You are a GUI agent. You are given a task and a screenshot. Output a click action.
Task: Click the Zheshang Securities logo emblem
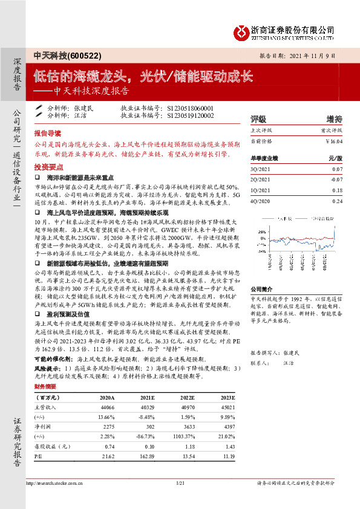click(x=243, y=30)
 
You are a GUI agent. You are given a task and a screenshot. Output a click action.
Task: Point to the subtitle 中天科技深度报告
click(x=91, y=92)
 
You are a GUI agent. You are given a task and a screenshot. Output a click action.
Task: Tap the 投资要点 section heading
click(x=48, y=166)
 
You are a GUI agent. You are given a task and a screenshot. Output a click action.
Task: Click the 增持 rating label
click(x=334, y=118)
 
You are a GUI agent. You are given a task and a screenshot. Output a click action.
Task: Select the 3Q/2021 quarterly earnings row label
click(x=260, y=169)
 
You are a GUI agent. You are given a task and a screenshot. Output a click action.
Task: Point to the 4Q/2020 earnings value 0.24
click(x=337, y=201)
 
